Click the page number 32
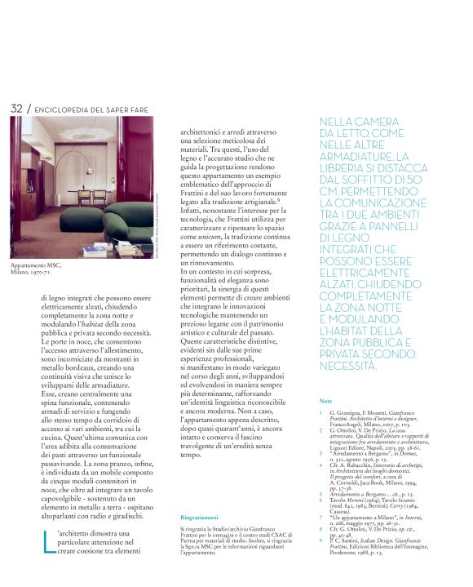pyautogui.click(x=16, y=109)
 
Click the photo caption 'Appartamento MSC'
pyautogui.click(x=37, y=267)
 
